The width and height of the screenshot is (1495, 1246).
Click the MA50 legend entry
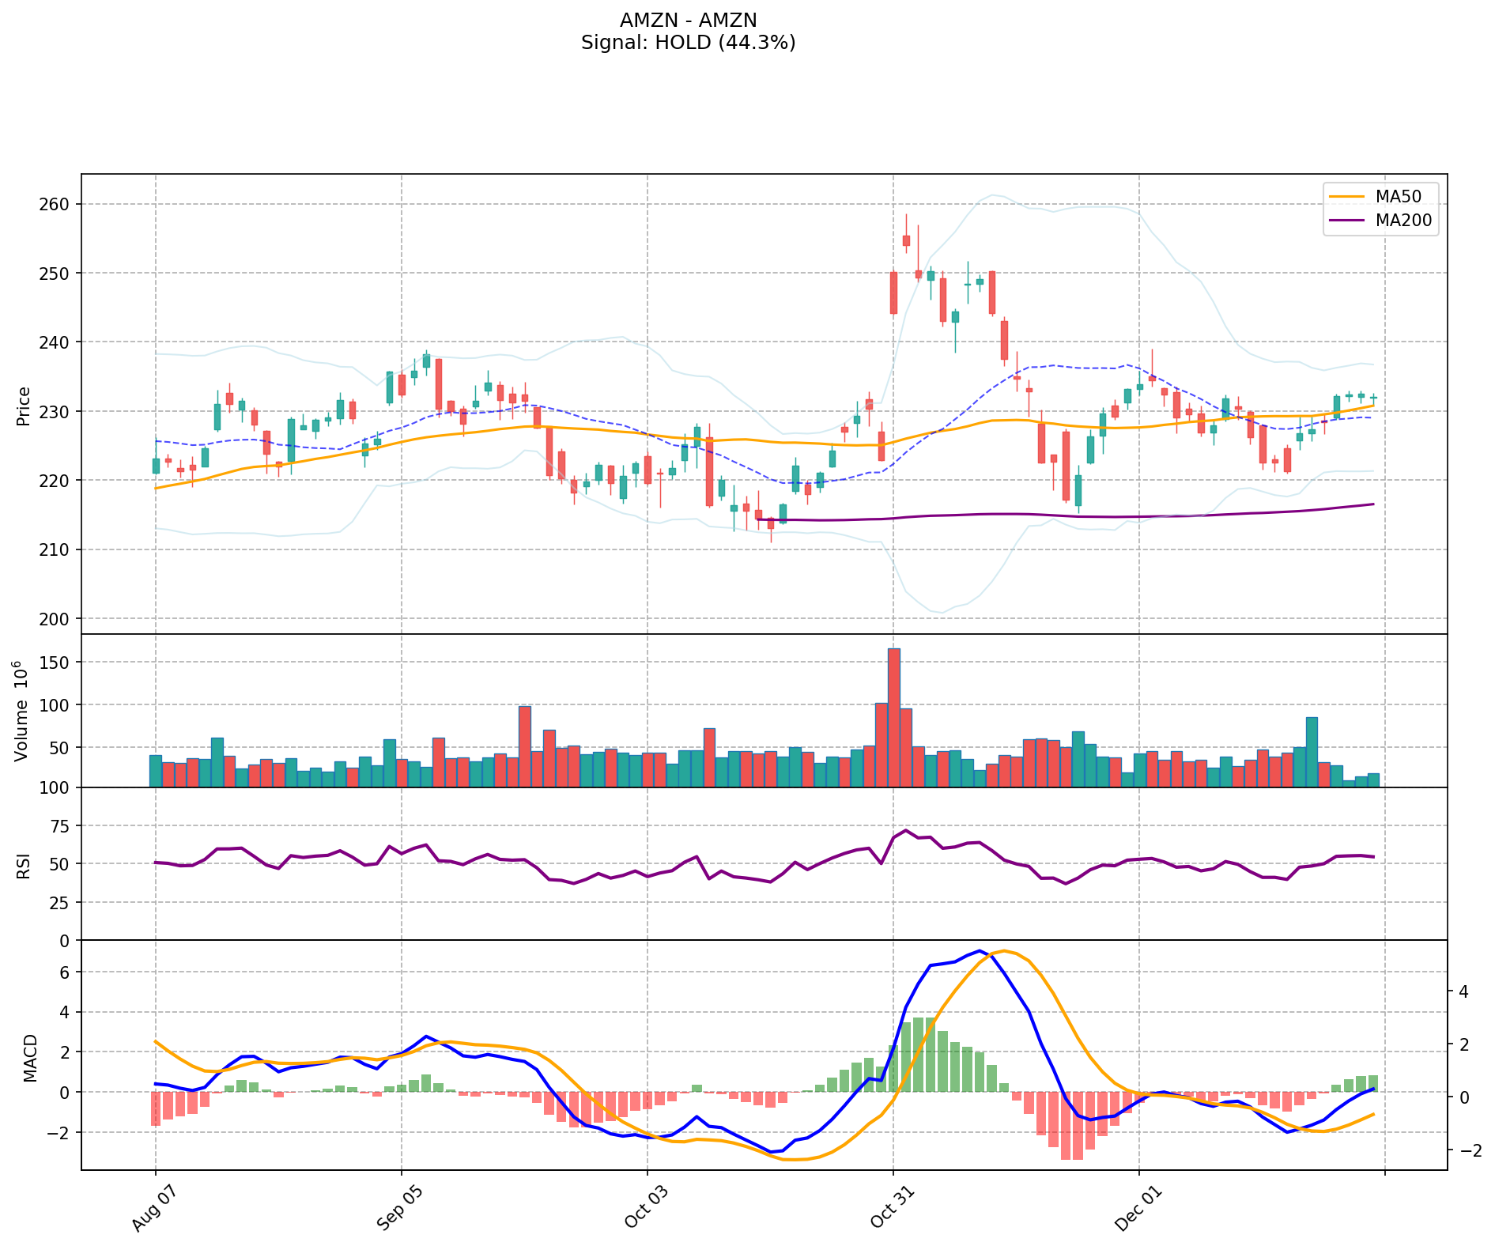pos(1403,196)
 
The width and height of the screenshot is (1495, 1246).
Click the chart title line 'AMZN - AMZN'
pos(688,20)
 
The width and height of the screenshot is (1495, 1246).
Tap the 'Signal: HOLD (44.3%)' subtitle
pos(688,43)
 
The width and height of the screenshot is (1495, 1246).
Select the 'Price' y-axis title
pos(24,406)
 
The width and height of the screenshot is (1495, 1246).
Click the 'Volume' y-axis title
pos(22,712)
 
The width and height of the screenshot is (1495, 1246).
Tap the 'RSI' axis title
pos(24,865)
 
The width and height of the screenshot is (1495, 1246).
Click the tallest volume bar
pos(893,717)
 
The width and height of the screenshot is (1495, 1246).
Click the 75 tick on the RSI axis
pos(59,826)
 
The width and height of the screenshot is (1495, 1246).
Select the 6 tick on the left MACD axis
pos(65,972)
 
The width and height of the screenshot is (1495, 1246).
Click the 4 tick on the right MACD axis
pos(1463,991)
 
